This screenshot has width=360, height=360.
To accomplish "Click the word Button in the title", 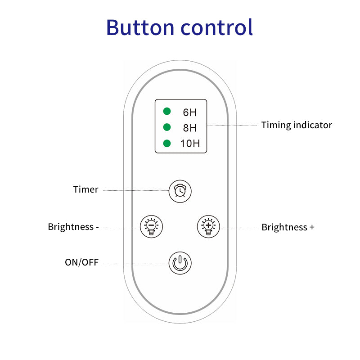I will point(139,27).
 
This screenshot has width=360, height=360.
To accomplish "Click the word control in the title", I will point(216,27).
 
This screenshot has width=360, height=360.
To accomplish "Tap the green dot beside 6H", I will point(167,111).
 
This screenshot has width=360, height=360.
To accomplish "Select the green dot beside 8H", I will point(167,127).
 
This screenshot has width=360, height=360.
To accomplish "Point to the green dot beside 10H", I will point(167,144).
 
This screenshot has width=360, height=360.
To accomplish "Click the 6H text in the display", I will point(189,112).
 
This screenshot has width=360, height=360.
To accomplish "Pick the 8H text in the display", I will point(189,128).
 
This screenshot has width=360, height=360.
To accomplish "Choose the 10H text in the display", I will point(190,144).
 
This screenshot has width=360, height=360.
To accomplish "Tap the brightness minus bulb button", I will point(152,226).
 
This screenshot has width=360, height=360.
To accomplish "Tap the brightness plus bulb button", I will point(208,226).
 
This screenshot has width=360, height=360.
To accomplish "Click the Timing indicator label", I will point(297,125).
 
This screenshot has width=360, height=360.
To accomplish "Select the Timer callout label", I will point(85,189).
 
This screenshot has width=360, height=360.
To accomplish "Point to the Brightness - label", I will point(73,227).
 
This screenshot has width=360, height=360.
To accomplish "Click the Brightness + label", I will point(288,227).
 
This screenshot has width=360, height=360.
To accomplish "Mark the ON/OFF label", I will point(81,262).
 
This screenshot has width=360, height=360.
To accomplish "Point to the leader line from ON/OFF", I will point(135,263).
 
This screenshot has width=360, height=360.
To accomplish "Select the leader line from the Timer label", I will point(135,190).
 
